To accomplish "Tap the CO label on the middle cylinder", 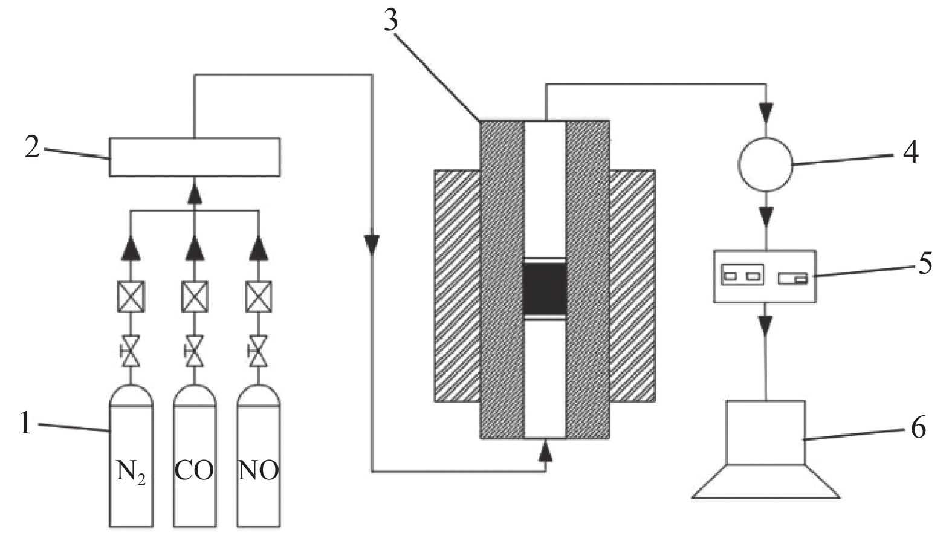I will click(x=194, y=470).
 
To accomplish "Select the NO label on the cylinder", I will click(x=259, y=470).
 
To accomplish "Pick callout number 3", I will click(x=391, y=20).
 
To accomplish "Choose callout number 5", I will click(x=925, y=263).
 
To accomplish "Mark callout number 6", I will click(x=918, y=427).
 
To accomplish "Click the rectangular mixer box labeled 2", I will click(x=194, y=157).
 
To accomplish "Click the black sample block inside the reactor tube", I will click(x=545, y=288).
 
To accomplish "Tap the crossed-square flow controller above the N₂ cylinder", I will click(x=131, y=297).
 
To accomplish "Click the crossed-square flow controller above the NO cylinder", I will click(x=259, y=297).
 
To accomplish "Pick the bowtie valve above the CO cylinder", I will click(x=194, y=351).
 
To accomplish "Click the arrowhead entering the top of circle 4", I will click(x=766, y=112).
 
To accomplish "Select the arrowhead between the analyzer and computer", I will click(x=766, y=327).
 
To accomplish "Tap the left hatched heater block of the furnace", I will click(x=457, y=285).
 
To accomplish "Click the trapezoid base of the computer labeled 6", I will click(x=766, y=481).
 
